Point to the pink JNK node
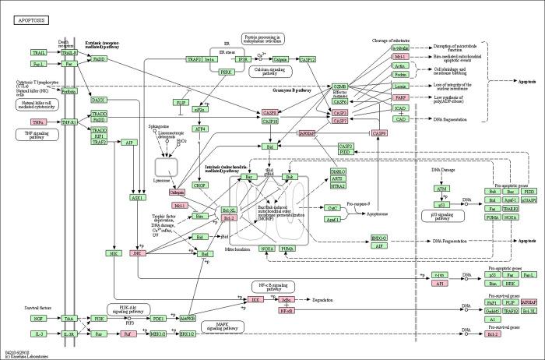click(x=137, y=253)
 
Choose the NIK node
click(x=113, y=253)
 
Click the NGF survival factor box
click(x=39, y=319)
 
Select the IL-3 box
click(x=39, y=334)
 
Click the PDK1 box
click(x=158, y=319)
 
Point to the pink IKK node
click(x=255, y=299)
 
